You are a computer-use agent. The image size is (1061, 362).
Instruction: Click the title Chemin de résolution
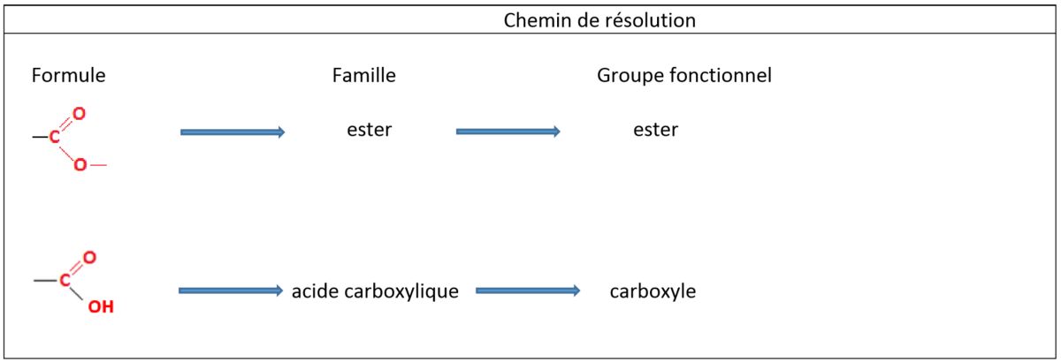point(599,20)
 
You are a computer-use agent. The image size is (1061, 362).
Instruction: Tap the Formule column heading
point(69,75)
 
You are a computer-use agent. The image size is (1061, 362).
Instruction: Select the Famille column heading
point(363,75)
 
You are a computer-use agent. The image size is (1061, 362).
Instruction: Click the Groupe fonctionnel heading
point(684,75)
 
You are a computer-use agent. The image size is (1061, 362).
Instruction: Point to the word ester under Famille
point(370,129)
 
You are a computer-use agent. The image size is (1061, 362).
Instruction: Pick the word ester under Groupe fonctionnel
point(655,129)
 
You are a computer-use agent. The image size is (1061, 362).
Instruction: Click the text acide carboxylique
point(375,291)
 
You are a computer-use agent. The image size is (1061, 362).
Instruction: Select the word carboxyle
point(653,291)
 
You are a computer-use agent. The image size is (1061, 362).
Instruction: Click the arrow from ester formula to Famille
point(233,132)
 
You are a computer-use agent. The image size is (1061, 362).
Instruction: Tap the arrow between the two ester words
point(508,131)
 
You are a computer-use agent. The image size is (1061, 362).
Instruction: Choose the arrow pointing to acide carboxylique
point(231,290)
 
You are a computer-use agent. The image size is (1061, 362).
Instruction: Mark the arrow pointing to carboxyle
point(528,290)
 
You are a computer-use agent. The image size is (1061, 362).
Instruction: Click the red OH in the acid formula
point(101,306)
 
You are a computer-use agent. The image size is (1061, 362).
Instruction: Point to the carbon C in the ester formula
point(55,137)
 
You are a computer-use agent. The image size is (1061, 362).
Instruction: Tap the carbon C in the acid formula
point(65,280)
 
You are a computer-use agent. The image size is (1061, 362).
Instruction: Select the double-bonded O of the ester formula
point(79,114)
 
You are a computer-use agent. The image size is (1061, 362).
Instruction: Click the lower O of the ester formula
point(80,165)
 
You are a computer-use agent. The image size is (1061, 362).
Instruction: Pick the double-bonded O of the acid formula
point(89,258)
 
